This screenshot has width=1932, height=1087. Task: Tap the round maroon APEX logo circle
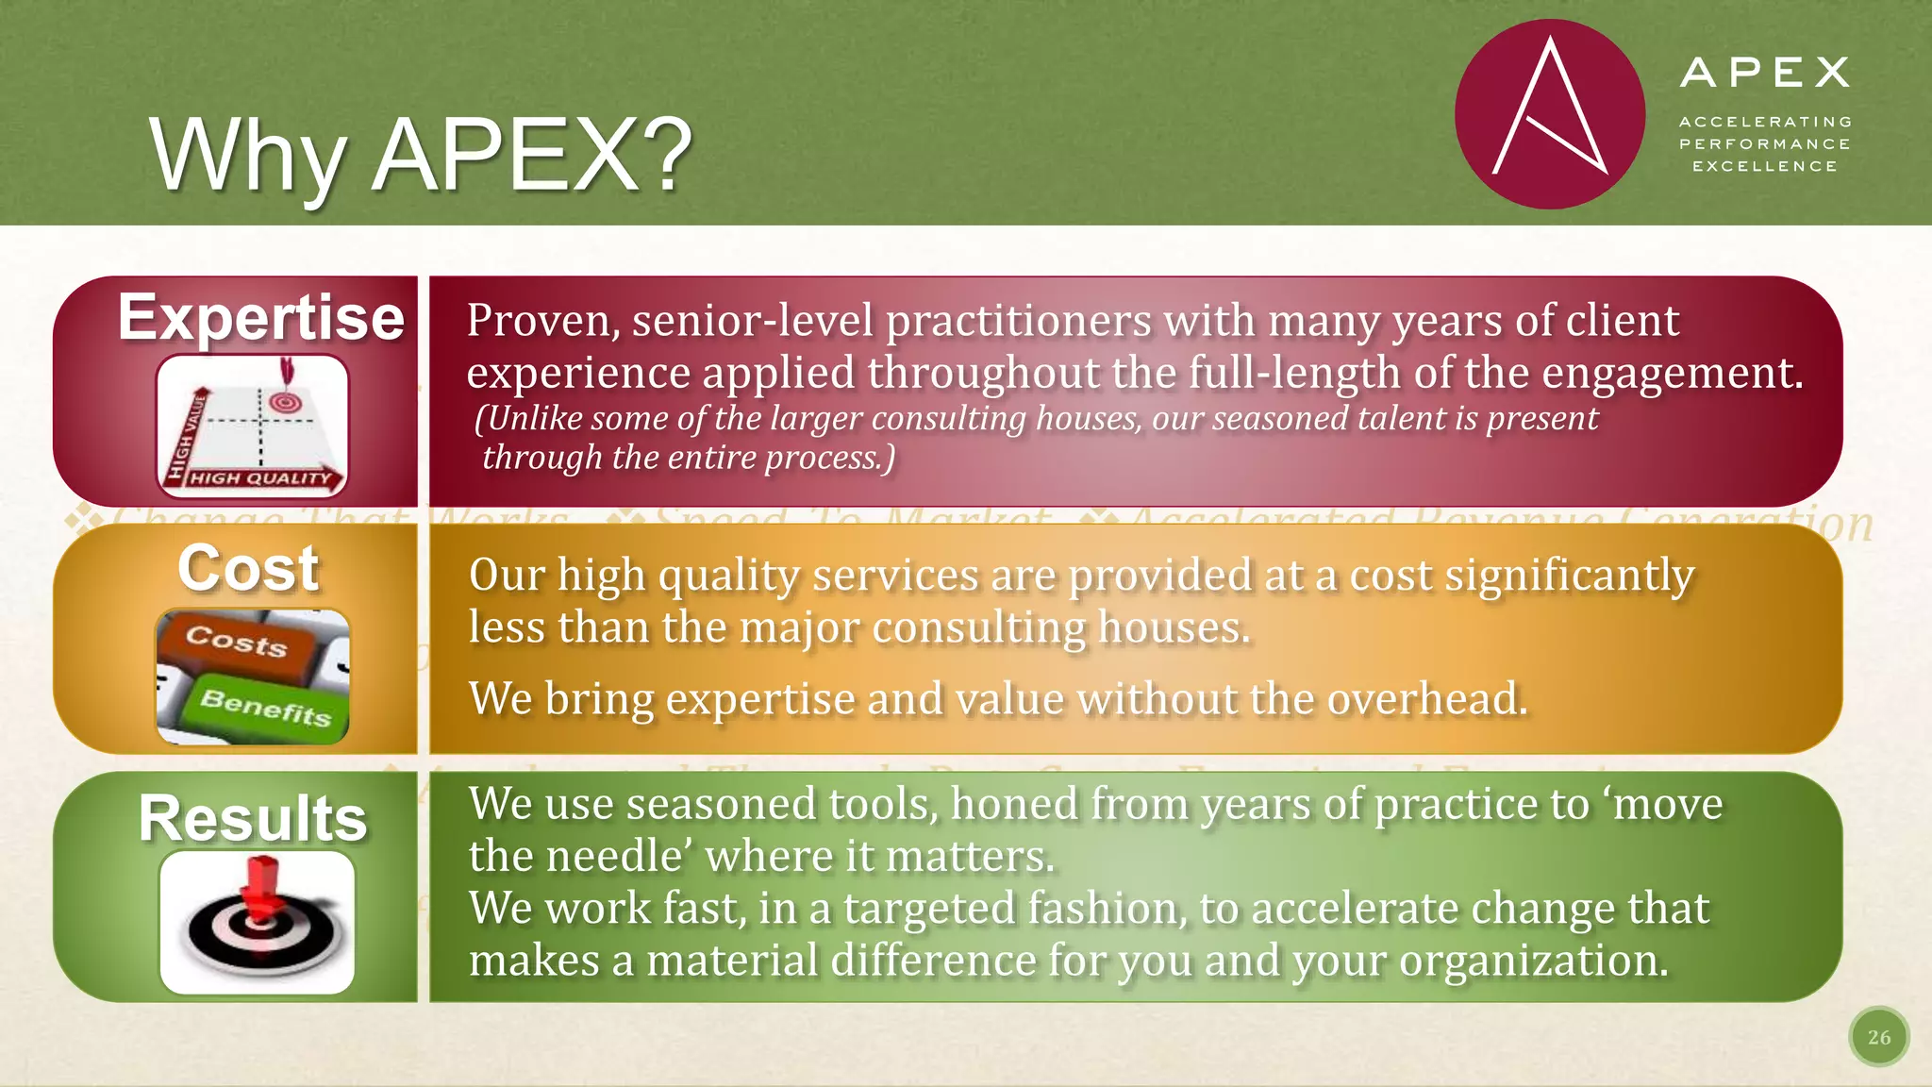click(x=1549, y=114)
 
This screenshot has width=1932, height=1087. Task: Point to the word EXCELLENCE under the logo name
click(x=1764, y=167)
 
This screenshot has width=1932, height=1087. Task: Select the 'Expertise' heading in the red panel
click(x=261, y=318)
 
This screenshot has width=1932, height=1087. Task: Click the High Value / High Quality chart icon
click(x=252, y=426)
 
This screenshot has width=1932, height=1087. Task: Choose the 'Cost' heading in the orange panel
click(x=249, y=569)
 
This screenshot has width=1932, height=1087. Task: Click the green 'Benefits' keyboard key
click(x=266, y=706)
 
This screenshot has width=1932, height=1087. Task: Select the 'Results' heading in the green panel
click(x=253, y=818)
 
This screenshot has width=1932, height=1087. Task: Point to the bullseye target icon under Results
click(x=258, y=922)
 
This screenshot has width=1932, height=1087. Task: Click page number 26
click(x=1878, y=1037)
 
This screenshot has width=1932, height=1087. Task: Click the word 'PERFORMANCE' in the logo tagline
click(x=1764, y=144)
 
